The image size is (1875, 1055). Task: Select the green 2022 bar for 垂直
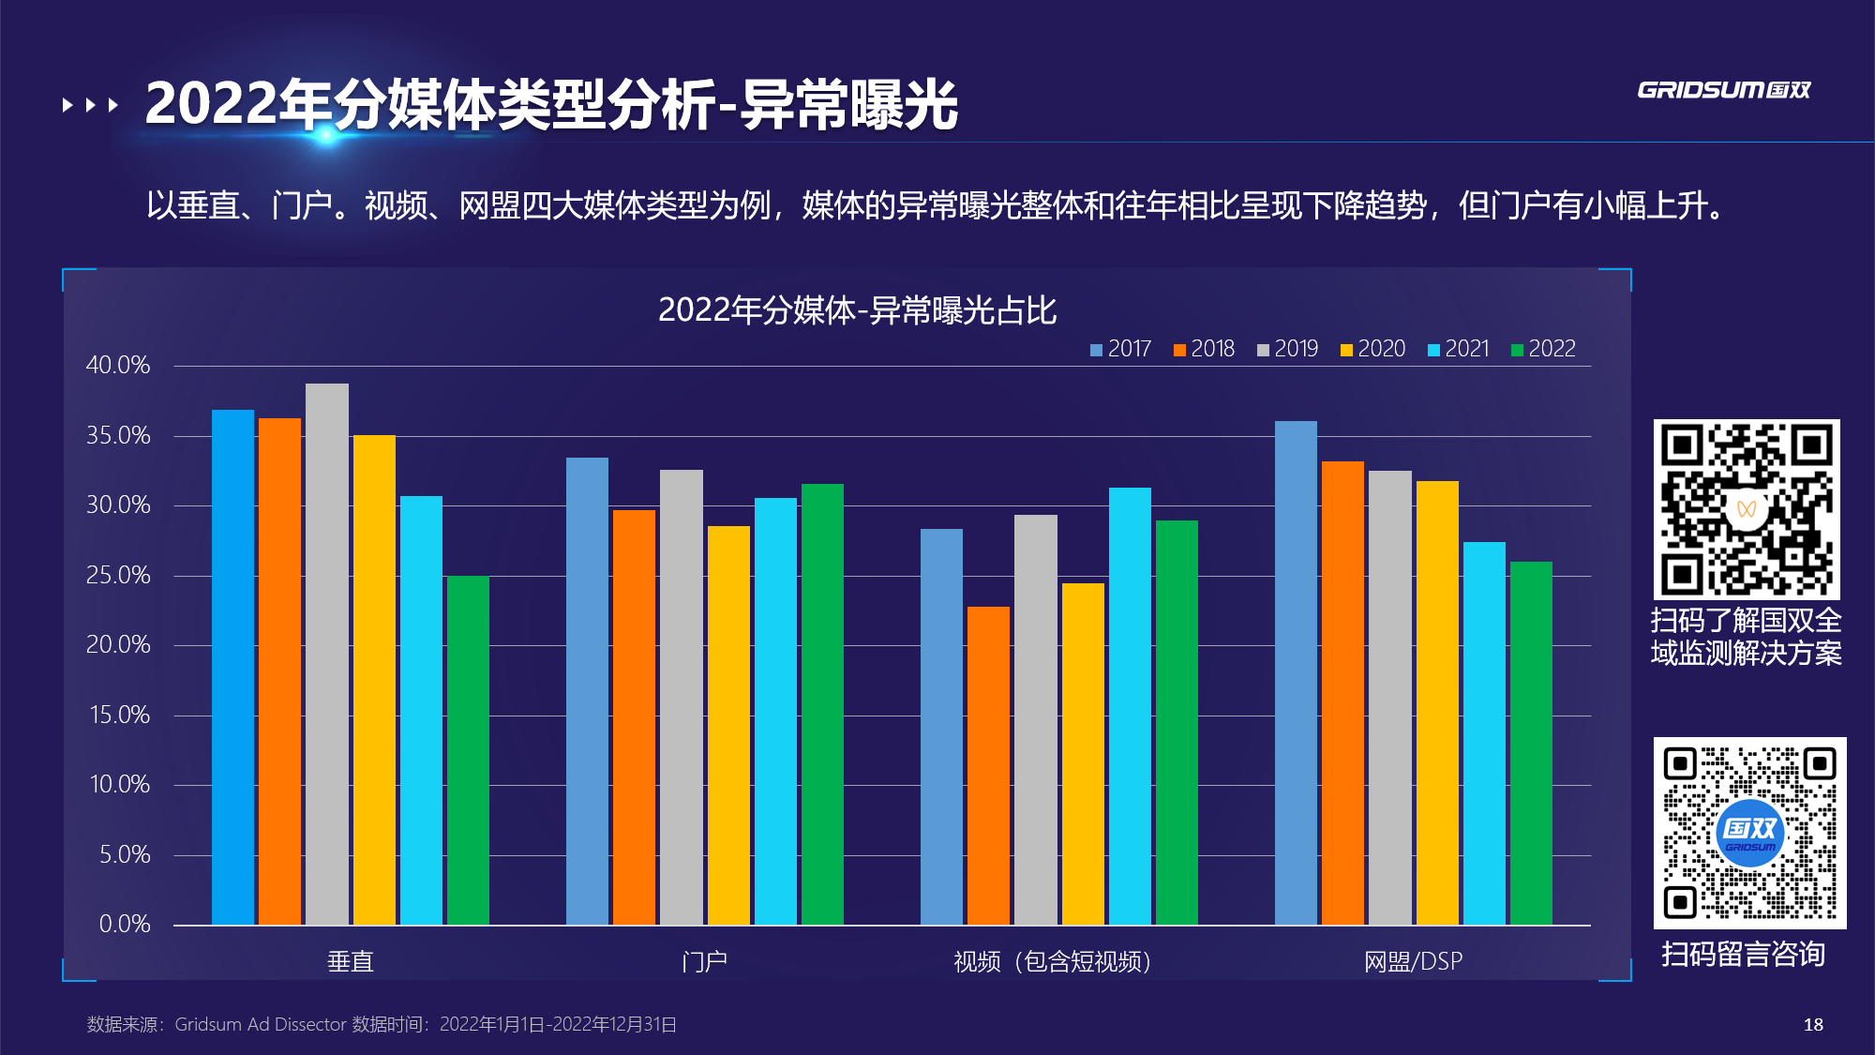(x=468, y=750)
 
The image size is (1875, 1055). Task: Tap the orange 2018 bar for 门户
(x=634, y=717)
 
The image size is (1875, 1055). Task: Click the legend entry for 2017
(x=1120, y=349)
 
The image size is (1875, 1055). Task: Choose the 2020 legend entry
(x=1372, y=349)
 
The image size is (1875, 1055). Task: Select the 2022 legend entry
(x=1543, y=349)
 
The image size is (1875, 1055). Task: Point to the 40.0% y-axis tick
(x=118, y=366)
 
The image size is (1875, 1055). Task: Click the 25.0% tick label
(x=118, y=576)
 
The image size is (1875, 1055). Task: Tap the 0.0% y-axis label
(x=125, y=925)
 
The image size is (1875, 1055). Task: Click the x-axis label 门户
(x=704, y=962)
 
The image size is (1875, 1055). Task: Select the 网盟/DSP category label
(x=1413, y=962)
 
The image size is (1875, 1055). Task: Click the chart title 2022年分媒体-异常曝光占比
(x=857, y=310)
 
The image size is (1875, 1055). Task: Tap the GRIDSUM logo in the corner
(x=1723, y=90)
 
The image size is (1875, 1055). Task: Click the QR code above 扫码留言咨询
(x=1749, y=833)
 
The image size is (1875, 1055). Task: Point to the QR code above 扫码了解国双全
(x=1746, y=509)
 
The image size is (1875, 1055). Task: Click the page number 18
(x=1813, y=1025)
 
